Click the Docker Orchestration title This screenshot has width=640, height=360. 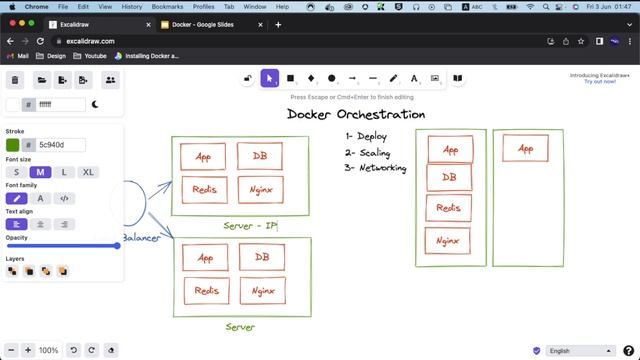pyautogui.click(x=356, y=114)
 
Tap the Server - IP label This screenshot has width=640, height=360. pyautogui.click(x=251, y=226)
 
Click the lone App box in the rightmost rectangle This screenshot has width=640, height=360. pyautogui.click(x=525, y=150)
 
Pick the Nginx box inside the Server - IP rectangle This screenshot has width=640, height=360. pyautogui.click(x=261, y=189)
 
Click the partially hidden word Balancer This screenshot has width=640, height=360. pyautogui.click(x=141, y=238)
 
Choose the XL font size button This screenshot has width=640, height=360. pyautogui.click(x=88, y=172)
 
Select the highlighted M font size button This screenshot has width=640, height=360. pyautogui.click(x=41, y=172)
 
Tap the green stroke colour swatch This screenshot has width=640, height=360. pyautogui.click(x=13, y=145)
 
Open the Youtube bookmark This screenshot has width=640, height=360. pyautogui.click(x=95, y=56)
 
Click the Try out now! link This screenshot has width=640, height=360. pyautogui.click(x=599, y=81)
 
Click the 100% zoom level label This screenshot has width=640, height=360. pyautogui.click(x=48, y=351)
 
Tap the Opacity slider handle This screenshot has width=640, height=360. pyautogui.click(x=117, y=245)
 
